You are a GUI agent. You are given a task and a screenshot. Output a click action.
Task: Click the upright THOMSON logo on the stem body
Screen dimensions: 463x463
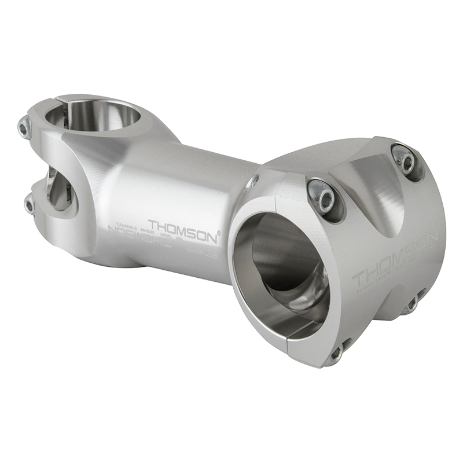pyautogui.click(x=183, y=225)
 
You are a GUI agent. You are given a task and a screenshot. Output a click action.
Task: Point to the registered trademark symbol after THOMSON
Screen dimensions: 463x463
pyautogui.click(x=218, y=233)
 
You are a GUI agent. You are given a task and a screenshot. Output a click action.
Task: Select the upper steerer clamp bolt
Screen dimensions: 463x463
pyautogui.click(x=24, y=128)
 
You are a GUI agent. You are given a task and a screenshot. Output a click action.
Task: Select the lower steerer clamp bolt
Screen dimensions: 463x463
pyautogui.click(x=30, y=204)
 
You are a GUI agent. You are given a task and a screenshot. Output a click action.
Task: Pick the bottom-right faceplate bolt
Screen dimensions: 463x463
pyautogui.click(x=412, y=304)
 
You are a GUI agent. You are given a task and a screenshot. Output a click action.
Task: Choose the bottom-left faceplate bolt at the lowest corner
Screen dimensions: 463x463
pyautogui.click(x=335, y=354)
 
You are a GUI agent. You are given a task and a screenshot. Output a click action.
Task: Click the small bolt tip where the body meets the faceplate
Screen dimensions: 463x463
pyautogui.click(x=252, y=182)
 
